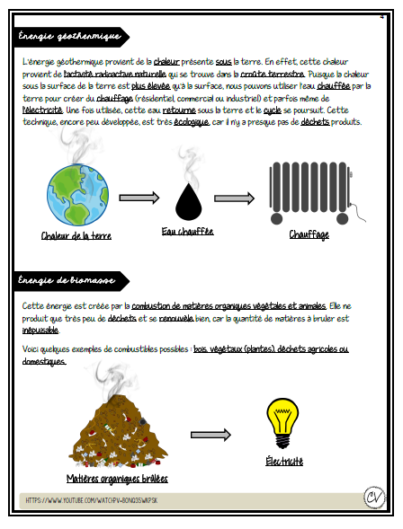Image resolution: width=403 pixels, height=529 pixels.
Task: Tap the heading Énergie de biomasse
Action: (67, 281)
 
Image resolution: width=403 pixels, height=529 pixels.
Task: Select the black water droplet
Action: (188, 203)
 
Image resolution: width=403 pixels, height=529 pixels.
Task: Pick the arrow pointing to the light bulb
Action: (212, 434)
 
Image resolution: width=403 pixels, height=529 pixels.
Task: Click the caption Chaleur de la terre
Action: (76, 236)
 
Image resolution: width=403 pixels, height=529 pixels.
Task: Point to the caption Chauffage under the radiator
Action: (309, 234)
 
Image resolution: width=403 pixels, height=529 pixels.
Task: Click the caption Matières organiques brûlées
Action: (117, 479)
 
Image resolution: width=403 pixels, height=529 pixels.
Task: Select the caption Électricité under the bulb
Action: (283, 462)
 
